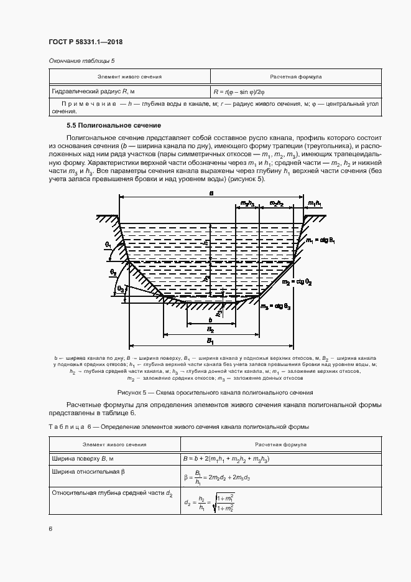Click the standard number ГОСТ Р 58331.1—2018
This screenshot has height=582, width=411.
(x=85, y=42)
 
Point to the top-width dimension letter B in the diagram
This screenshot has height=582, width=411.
(x=211, y=194)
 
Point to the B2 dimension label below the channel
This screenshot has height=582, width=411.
(x=211, y=329)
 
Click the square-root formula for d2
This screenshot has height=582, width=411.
(x=209, y=502)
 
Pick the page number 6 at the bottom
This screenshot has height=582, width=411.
(x=50, y=529)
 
